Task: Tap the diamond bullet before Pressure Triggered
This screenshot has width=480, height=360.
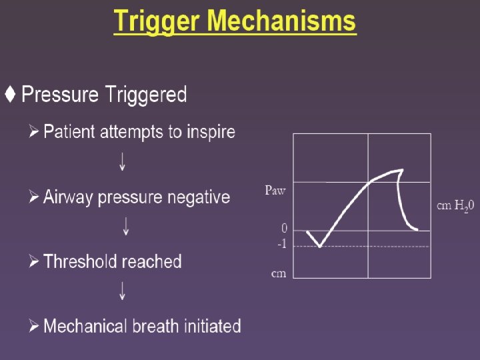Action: coord(10,95)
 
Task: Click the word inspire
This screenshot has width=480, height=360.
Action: coord(211,132)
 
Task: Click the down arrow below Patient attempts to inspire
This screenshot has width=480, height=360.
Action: coord(122,162)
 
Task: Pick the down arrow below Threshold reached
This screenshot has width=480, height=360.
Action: coord(123,291)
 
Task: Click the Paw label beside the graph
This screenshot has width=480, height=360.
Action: coord(275,191)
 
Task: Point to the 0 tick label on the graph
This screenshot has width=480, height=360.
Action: coord(283,229)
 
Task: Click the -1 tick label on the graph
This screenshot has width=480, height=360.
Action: coord(281,245)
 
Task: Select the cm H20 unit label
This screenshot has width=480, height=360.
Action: coord(455,206)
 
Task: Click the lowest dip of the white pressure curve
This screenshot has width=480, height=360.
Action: coord(320,247)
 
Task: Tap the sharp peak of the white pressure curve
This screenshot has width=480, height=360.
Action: coord(400,170)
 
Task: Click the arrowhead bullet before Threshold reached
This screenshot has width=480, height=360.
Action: coord(34,261)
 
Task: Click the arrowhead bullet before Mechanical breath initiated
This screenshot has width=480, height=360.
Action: coord(34,327)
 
